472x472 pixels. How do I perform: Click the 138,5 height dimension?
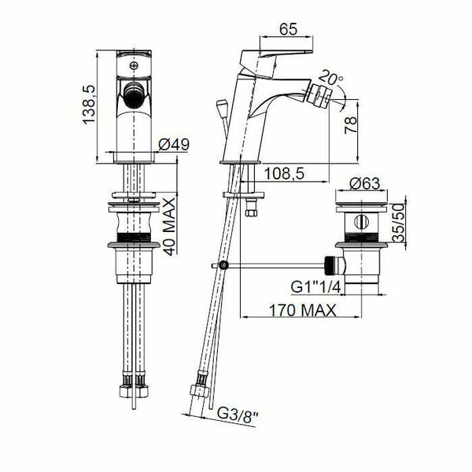tap(89, 105)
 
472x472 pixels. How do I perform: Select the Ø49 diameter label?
tap(174, 145)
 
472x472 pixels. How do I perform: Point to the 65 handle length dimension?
tap(288, 29)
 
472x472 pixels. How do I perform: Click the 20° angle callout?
tap(330, 77)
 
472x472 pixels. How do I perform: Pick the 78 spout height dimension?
tap(351, 125)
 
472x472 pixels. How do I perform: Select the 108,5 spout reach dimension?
tap(284, 174)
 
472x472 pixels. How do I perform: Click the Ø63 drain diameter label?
tap(365, 183)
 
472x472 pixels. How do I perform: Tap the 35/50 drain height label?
tap(399, 223)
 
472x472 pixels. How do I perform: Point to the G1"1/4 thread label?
tap(315, 286)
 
